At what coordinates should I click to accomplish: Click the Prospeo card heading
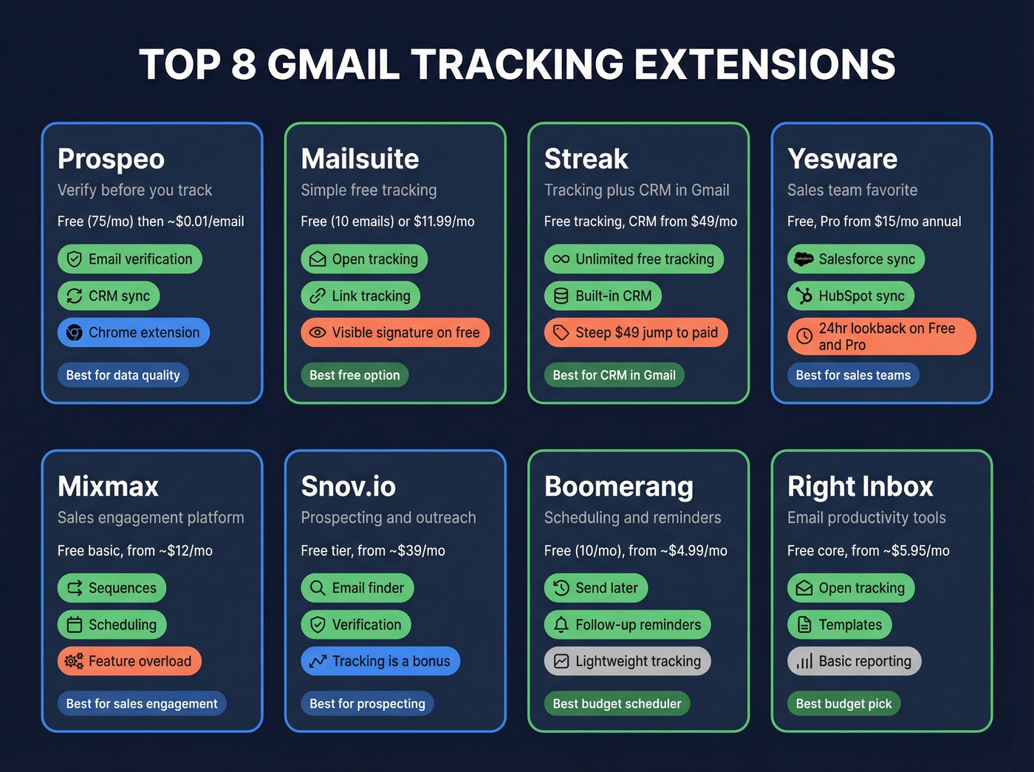[111, 159]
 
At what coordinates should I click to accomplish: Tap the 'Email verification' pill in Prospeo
[130, 259]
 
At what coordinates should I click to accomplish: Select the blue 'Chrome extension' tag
[134, 332]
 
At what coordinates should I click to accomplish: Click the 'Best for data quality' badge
[123, 375]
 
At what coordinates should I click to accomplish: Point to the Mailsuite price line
[388, 222]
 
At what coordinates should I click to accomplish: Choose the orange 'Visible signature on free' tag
[395, 332]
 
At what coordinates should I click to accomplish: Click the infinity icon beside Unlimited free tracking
[561, 259]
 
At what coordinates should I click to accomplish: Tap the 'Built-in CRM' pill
[603, 296]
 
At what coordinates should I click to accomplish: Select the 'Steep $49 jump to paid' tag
[636, 332]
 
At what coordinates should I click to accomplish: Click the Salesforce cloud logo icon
[804, 259]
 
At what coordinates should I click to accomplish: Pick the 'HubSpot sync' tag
[851, 296]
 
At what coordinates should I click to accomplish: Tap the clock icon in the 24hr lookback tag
[804, 337]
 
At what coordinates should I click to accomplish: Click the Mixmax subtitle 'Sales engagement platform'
[151, 518]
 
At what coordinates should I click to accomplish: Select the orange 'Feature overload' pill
[129, 661]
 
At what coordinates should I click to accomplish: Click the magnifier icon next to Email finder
[318, 588]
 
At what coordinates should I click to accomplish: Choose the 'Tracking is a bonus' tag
[380, 661]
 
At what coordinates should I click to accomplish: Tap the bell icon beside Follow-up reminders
[561, 625]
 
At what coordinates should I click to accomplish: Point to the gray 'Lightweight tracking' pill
[628, 661]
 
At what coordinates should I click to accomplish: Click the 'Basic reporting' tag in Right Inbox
[855, 661]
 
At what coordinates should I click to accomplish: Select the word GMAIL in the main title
[333, 64]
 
